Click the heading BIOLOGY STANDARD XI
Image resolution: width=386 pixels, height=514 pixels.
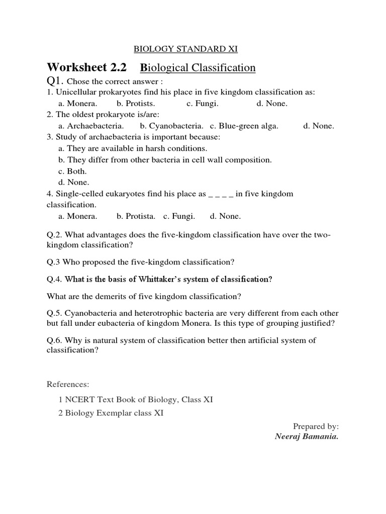tap(185, 49)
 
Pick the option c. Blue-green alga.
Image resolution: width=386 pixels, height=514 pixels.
tap(244, 126)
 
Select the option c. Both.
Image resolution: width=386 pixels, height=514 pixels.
tap(73, 171)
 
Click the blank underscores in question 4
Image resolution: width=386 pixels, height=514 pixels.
tap(221, 194)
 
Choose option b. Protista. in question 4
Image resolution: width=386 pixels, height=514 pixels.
tap(134, 216)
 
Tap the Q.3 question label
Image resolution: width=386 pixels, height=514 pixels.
tap(54, 262)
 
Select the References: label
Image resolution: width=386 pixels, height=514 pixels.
tap(68, 384)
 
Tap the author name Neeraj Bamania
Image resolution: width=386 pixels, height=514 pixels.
tap(307, 436)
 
